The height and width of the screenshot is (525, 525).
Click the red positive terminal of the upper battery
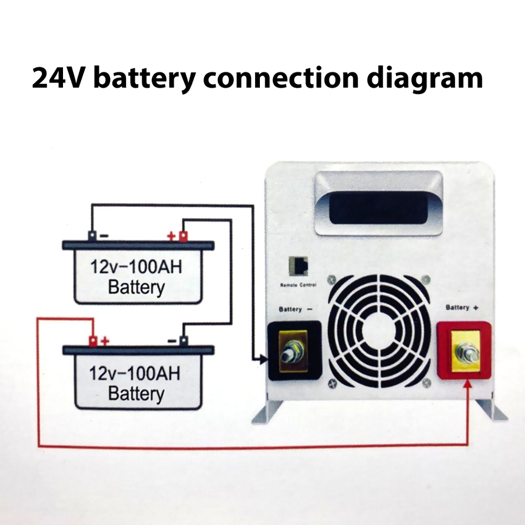183,236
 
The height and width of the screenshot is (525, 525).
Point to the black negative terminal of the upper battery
92,236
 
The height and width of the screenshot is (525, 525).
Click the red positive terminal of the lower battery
93,341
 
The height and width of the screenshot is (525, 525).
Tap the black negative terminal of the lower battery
183,341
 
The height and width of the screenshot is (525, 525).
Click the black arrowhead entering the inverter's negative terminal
264,360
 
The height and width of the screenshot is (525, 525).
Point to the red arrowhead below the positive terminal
468,387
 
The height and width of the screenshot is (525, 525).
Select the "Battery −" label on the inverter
296,310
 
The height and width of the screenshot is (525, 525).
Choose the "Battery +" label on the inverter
461,307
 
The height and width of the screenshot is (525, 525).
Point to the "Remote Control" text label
298,285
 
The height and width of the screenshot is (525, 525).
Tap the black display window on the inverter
378,207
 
